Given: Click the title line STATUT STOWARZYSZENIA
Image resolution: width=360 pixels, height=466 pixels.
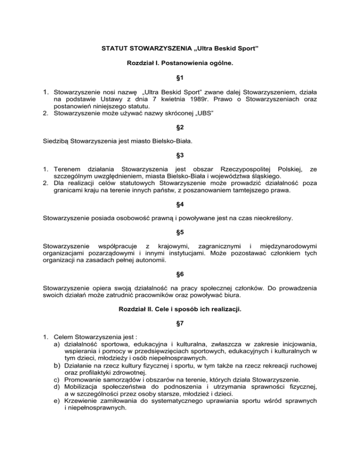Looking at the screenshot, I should click(180, 48).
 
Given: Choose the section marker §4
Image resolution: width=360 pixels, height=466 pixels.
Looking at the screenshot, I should click(180, 213).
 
